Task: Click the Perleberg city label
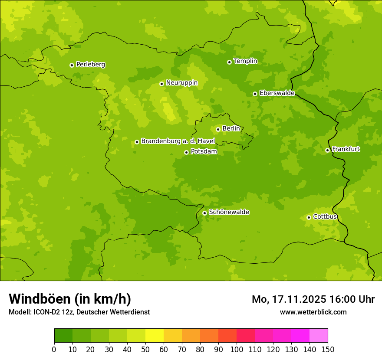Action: tap(91, 65)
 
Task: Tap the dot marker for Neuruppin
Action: tap(161, 84)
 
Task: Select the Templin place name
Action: tap(245, 61)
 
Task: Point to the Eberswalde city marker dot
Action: tap(255, 94)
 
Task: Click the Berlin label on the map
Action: tap(231, 128)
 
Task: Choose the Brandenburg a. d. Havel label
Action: tap(178, 141)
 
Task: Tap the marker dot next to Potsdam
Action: tap(186, 152)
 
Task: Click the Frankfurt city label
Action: tap(346, 149)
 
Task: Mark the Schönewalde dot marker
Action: tap(204, 213)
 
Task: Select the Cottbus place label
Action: tap(325, 216)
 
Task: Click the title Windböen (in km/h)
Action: tap(70, 299)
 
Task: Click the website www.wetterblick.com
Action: tap(313, 312)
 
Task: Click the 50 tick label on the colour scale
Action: tap(145, 349)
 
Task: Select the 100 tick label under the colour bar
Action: tap(237, 349)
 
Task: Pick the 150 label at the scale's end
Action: tap(328, 349)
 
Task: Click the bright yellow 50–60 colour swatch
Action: tap(155, 336)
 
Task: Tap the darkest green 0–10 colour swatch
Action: tap(63, 336)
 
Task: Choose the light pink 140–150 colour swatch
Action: tap(319, 336)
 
